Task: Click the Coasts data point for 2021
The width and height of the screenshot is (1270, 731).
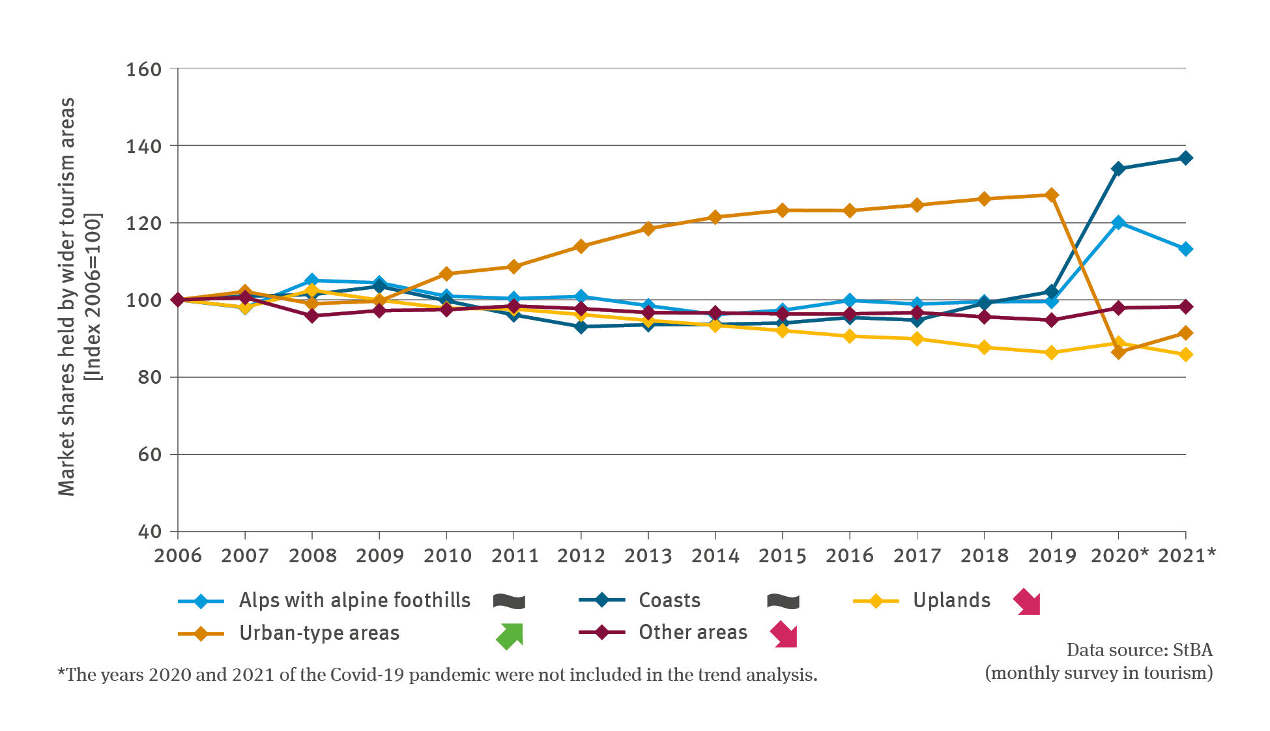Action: (1185, 158)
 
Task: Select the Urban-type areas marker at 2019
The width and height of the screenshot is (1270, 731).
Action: (1051, 195)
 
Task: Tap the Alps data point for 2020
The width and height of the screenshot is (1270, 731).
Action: (1118, 223)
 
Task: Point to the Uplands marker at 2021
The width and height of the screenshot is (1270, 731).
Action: (1185, 354)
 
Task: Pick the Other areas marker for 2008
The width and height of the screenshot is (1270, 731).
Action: (312, 316)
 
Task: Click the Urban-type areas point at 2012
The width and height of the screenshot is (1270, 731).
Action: (581, 246)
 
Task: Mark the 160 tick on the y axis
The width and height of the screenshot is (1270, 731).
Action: (143, 69)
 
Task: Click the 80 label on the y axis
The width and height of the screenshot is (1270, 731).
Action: (149, 377)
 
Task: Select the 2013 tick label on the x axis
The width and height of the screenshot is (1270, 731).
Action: (648, 556)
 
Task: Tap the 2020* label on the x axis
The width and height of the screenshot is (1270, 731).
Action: (1119, 556)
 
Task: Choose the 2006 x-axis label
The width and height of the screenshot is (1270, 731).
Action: (177, 556)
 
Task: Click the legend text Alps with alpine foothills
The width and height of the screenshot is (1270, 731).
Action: (354, 600)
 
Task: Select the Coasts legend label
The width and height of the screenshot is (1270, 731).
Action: (669, 600)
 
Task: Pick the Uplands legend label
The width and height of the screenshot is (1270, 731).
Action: (951, 600)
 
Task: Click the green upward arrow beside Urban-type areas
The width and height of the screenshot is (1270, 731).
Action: (510, 636)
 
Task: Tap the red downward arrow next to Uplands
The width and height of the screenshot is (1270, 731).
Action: (1027, 602)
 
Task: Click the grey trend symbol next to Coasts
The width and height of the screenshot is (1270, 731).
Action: (783, 601)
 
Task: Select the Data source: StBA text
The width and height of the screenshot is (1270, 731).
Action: (1139, 650)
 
